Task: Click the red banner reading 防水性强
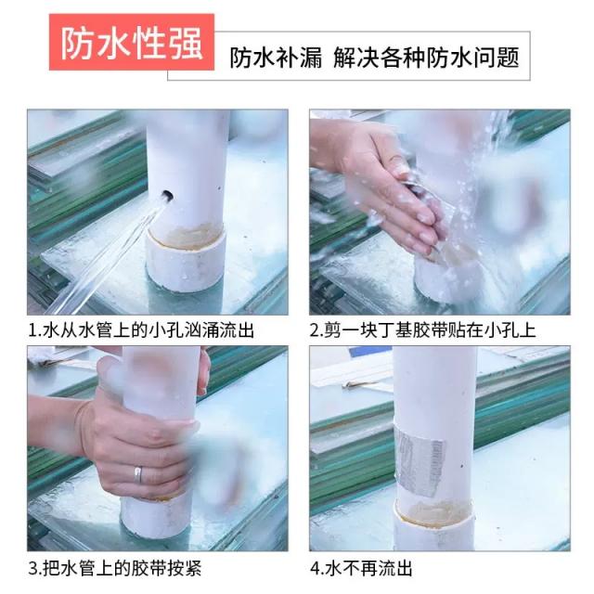132,42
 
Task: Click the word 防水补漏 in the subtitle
277,58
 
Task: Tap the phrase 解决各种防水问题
426,58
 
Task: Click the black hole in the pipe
167,196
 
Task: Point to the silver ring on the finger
138,474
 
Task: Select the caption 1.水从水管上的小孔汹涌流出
141,330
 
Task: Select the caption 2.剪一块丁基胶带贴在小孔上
423,330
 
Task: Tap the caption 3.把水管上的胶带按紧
115,568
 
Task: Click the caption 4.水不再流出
361,568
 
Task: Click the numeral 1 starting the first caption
32,330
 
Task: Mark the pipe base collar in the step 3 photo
156,517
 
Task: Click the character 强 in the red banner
187,43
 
